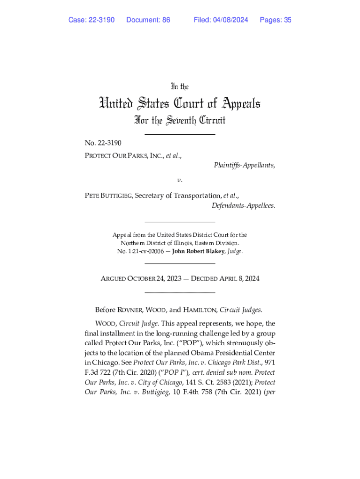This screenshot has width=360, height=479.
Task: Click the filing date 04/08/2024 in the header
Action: coord(231,20)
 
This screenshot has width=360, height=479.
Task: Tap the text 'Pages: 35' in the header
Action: coord(275,20)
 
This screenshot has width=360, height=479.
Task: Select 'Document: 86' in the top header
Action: coord(148,20)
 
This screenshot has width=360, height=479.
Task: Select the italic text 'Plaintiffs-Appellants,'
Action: coord(244,165)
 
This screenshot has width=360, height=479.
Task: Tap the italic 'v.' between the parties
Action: coord(180,180)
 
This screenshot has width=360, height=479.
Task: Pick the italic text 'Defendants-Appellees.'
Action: coord(243,206)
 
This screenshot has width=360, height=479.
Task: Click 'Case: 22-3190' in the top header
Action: coord(91,20)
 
